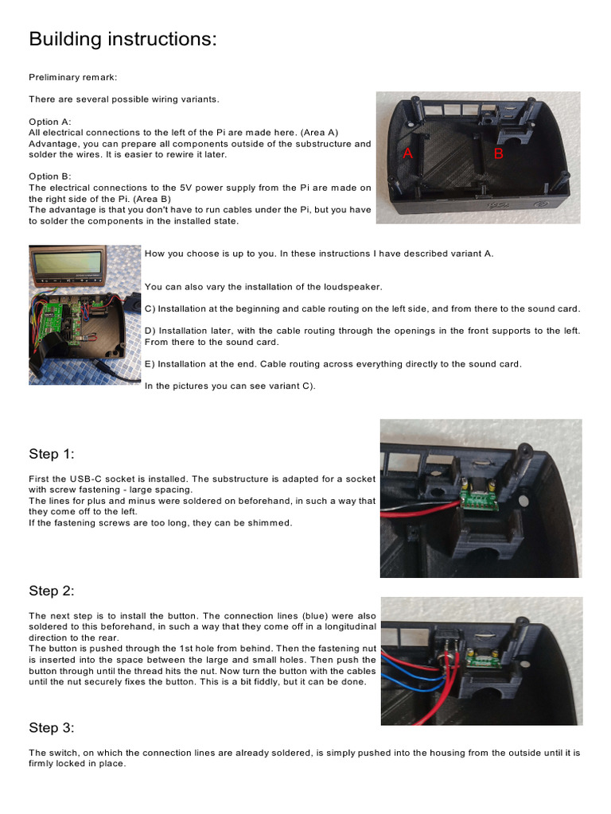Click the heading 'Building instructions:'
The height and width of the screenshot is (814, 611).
point(123,39)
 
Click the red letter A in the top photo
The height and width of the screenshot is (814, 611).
point(408,154)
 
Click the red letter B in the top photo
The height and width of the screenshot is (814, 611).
point(499,154)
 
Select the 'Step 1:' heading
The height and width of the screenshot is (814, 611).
point(52,454)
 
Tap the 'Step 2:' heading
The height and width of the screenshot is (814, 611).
point(52,591)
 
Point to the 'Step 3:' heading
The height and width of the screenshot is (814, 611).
point(52,727)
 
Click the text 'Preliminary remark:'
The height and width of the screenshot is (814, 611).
point(72,77)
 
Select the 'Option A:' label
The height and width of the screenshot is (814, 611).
point(50,122)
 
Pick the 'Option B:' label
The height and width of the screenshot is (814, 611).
point(50,176)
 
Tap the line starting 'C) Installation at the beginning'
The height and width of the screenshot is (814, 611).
point(362,308)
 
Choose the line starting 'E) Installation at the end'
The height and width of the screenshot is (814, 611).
point(333,364)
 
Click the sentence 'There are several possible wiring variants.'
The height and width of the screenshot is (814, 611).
point(123,99)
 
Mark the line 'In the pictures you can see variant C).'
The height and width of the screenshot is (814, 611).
point(230,386)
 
